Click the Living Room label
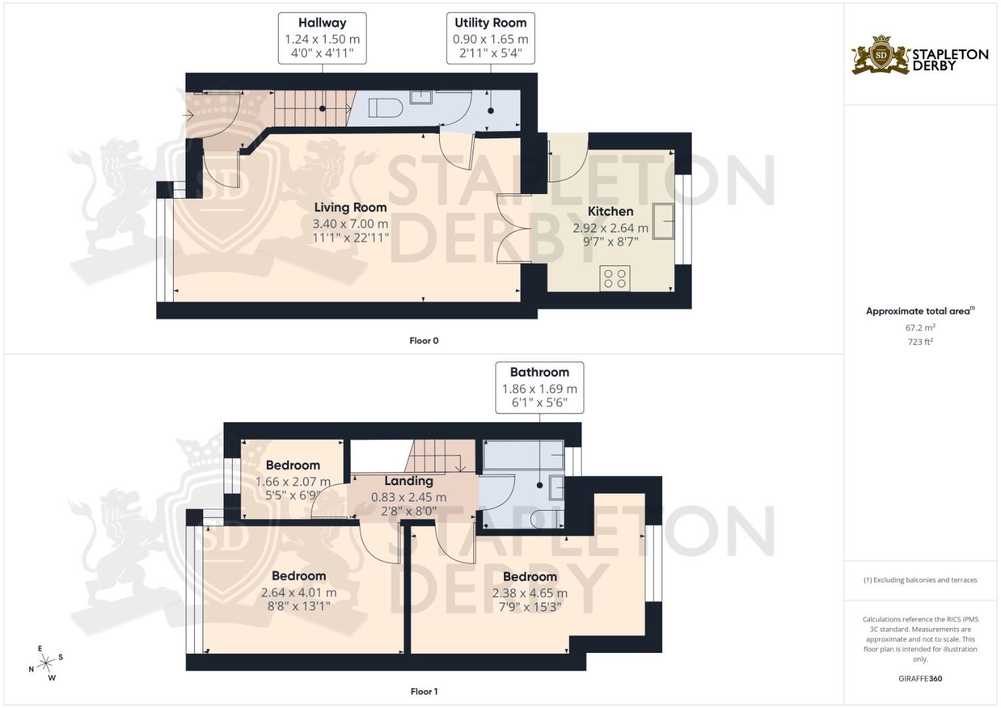[350, 207]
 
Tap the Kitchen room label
[610, 211]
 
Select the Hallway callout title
[322, 23]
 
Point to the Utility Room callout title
[490, 23]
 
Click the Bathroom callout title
[540, 372]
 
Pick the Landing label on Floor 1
[408, 481]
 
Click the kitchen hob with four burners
[615, 278]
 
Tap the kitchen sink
[663, 221]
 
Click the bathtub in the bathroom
[523, 455]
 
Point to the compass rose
[46, 663]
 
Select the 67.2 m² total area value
[920, 327]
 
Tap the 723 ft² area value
[920, 342]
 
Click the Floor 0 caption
[423, 340]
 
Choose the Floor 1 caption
[423, 691]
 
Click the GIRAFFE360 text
[920, 678]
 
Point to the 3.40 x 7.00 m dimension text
[350, 224]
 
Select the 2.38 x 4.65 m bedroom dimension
[530, 593]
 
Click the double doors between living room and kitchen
[515, 228]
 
